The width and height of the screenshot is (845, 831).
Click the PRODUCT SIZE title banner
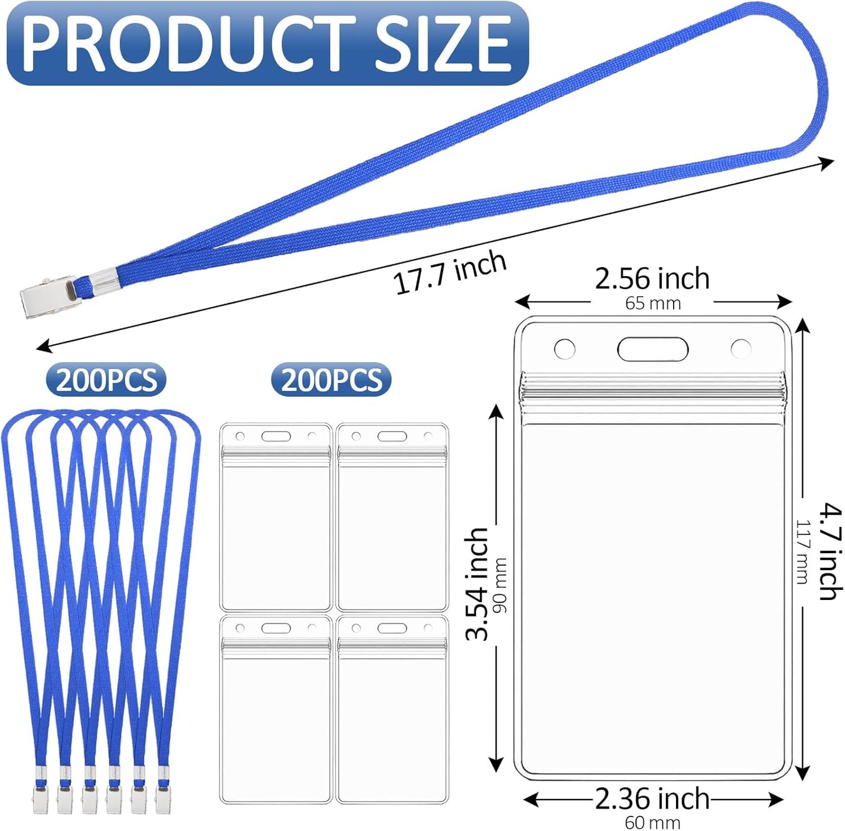(267, 44)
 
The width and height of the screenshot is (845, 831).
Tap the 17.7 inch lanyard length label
(449, 272)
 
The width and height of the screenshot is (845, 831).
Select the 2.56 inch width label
(652, 278)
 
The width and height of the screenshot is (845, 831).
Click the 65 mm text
(653, 304)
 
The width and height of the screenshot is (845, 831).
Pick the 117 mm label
(802, 551)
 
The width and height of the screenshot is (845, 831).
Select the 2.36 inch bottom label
(652, 798)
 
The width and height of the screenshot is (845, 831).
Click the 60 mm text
(652, 822)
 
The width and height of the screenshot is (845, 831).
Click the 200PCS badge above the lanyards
(106, 380)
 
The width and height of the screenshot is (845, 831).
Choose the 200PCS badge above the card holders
(331, 380)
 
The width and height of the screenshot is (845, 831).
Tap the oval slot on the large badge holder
(653, 350)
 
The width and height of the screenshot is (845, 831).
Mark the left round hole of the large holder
(564, 349)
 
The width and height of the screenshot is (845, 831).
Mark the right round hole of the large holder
(741, 349)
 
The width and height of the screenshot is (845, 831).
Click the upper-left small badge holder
(275, 517)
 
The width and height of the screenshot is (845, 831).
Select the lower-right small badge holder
(392, 709)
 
